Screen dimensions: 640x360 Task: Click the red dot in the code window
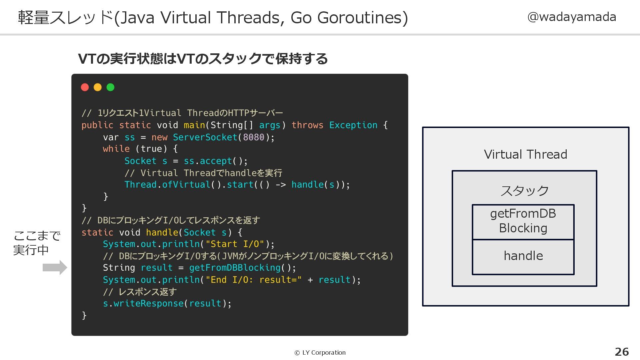pyautogui.click(x=85, y=87)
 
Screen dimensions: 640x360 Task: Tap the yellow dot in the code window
pyautogui.click(x=98, y=87)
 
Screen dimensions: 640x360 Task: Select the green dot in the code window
pyautogui.click(x=110, y=87)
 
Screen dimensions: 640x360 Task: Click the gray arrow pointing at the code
pyautogui.click(x=55, y=267)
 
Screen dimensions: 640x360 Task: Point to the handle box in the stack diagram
pyautogui.click(x=523, y=256)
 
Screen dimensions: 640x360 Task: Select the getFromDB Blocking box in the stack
pyautogui.click(x=523, y=221)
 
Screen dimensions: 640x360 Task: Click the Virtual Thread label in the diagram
pyautogui.click(x=525, y=155)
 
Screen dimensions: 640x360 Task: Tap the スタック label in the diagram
pyautogui.click(x=524, y=191)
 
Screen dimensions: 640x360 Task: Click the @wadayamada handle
pyautogui.click(x=572, y=17)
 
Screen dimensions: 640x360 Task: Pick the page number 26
pyautogui.click(x=622, y=352)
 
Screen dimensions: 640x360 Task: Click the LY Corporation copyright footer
pyautogui.click(x=320, y=353)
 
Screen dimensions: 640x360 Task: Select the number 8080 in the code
pyautogui.click(x=253, y=137)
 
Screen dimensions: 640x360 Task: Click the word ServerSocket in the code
pyautogui.click(x=205, y=137)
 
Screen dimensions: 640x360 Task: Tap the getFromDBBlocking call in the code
pyautogui.click(x=235, y=268)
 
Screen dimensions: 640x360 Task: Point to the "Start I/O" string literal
pyautogui.click(x=235, y=244)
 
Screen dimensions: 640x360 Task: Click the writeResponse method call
pyautogui.click(x=148, y=303)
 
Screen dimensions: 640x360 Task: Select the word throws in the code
pyautogui.click(x=307, y=125)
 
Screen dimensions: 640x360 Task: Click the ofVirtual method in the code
pyautogui.click(x=186, y=185)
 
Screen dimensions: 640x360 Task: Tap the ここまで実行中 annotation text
pyautogui.click(x=37, y=243)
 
